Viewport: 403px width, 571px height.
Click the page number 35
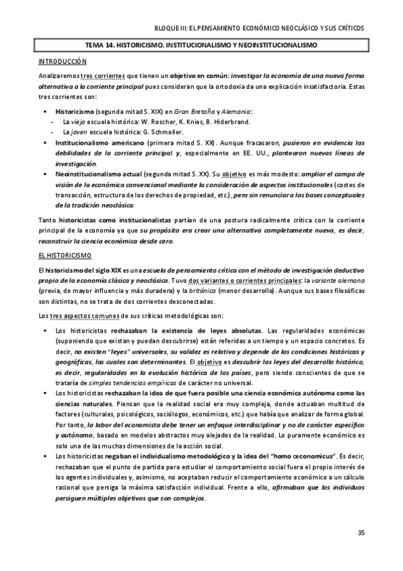[x=361, y=533]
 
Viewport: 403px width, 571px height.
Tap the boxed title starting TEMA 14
[x=201, y=46]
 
